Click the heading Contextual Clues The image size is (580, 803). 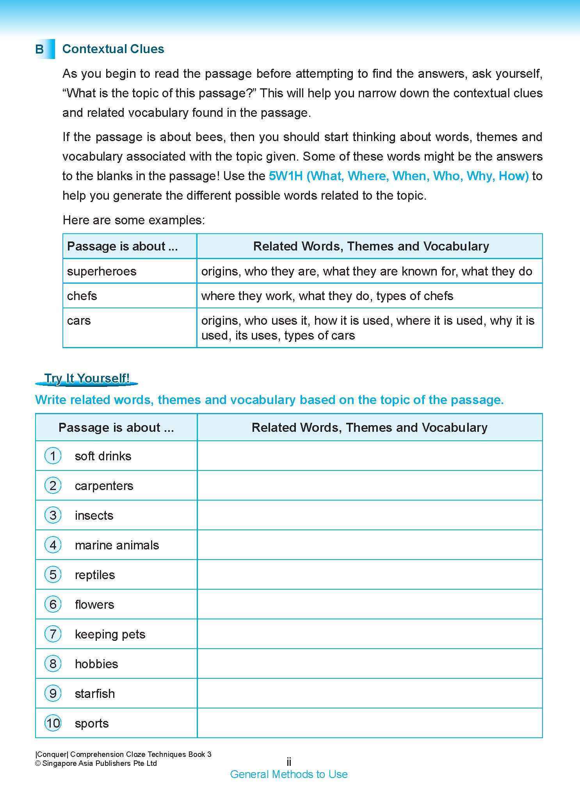click(x=113, y=49)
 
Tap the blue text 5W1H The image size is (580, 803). click(x=286, y=176)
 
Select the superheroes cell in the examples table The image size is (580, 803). click(x=101, y=271)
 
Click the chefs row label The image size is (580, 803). click(x=82, y=296)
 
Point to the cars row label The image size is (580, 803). click(x=79, y=320)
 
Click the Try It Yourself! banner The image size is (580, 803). click(x=87, y=378)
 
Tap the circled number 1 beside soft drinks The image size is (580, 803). click(x=53, y=456)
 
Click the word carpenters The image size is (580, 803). click(x=104, y=486)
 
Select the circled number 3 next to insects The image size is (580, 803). click(x=53, y=515)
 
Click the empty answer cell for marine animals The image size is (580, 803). click(x=370, y=545)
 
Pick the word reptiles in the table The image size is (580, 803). click(x=95, y=575)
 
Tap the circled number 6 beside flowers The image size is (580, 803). click(x=53, y=604)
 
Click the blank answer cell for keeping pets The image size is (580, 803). click(x=370, y=634)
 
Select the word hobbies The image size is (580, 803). click(x=96, y=664)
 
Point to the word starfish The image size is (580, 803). click(x=95, y=694)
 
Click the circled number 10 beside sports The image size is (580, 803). click(x=53, y=723)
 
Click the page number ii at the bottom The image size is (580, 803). click(x=289, y=762)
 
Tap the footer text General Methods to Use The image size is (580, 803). click(x=289, y=774)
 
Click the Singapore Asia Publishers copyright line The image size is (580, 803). click(x=96, y=764)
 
